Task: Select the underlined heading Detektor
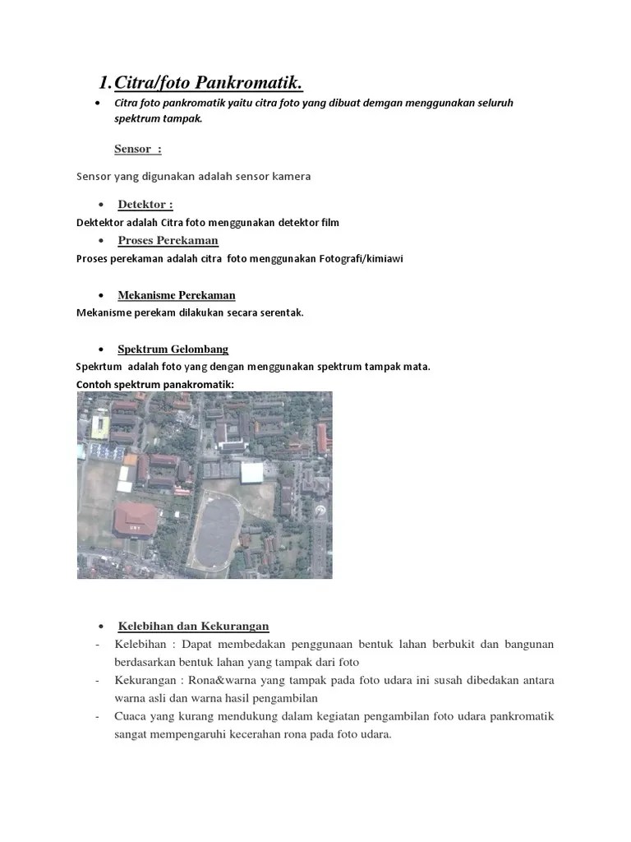(145, 205)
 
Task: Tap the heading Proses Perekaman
(168, 241)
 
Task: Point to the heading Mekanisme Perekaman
(176, 295)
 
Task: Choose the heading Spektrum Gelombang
(173, 349)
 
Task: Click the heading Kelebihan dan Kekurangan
(193, 627)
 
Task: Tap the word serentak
(282, 312)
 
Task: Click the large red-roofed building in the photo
(136, 519)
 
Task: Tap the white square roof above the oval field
(251, 472)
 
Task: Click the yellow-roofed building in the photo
(100, 425)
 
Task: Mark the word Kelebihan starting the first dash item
(141, 645)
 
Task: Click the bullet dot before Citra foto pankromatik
(98, 104)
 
